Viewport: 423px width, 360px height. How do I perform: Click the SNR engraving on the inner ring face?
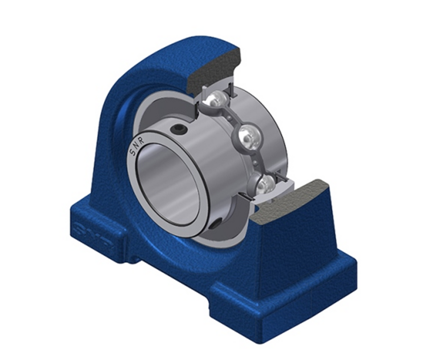[137, 146]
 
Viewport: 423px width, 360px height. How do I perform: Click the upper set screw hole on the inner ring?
[178, 129]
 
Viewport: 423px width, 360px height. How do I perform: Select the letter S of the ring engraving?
[132, 152]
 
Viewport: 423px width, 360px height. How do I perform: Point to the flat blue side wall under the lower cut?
[294, 250]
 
